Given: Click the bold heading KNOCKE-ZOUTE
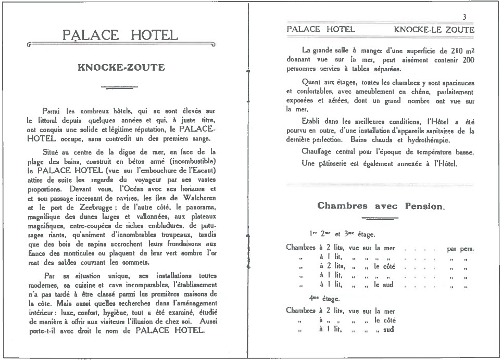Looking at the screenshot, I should tap(121, 67).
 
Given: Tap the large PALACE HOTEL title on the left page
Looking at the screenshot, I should tap(120, 35).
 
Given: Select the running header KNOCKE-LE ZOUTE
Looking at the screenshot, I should tap(434, 30).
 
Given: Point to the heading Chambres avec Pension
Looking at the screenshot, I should tap(381, 206).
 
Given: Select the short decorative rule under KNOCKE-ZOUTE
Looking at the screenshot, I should tap(120, 87).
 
